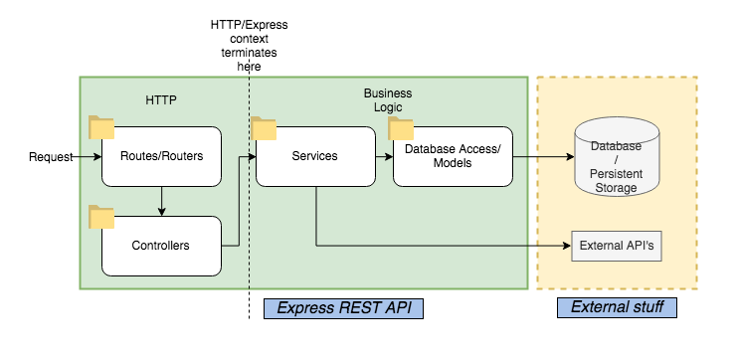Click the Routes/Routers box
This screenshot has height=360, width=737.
click(161, 156)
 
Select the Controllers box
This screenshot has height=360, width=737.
click(161, 245)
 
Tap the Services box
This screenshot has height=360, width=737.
click(314, 156)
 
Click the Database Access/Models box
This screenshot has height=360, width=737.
click(453, 156)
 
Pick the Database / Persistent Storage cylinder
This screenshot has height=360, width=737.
click(617, 160)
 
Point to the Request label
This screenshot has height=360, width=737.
click(51, 157)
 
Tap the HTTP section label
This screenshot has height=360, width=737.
click(160, 99)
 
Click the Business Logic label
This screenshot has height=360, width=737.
click(387, 99)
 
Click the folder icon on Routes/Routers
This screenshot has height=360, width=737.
click(101, 126)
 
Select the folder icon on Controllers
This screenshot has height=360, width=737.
click(101, 216)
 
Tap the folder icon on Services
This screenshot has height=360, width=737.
click(264, 127)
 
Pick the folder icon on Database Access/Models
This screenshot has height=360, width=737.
click(401, 127)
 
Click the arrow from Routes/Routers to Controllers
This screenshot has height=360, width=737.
click(161, 201)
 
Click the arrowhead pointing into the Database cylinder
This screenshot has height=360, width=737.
click(568, 157)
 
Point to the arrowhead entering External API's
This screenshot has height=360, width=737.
click(566, 245)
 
